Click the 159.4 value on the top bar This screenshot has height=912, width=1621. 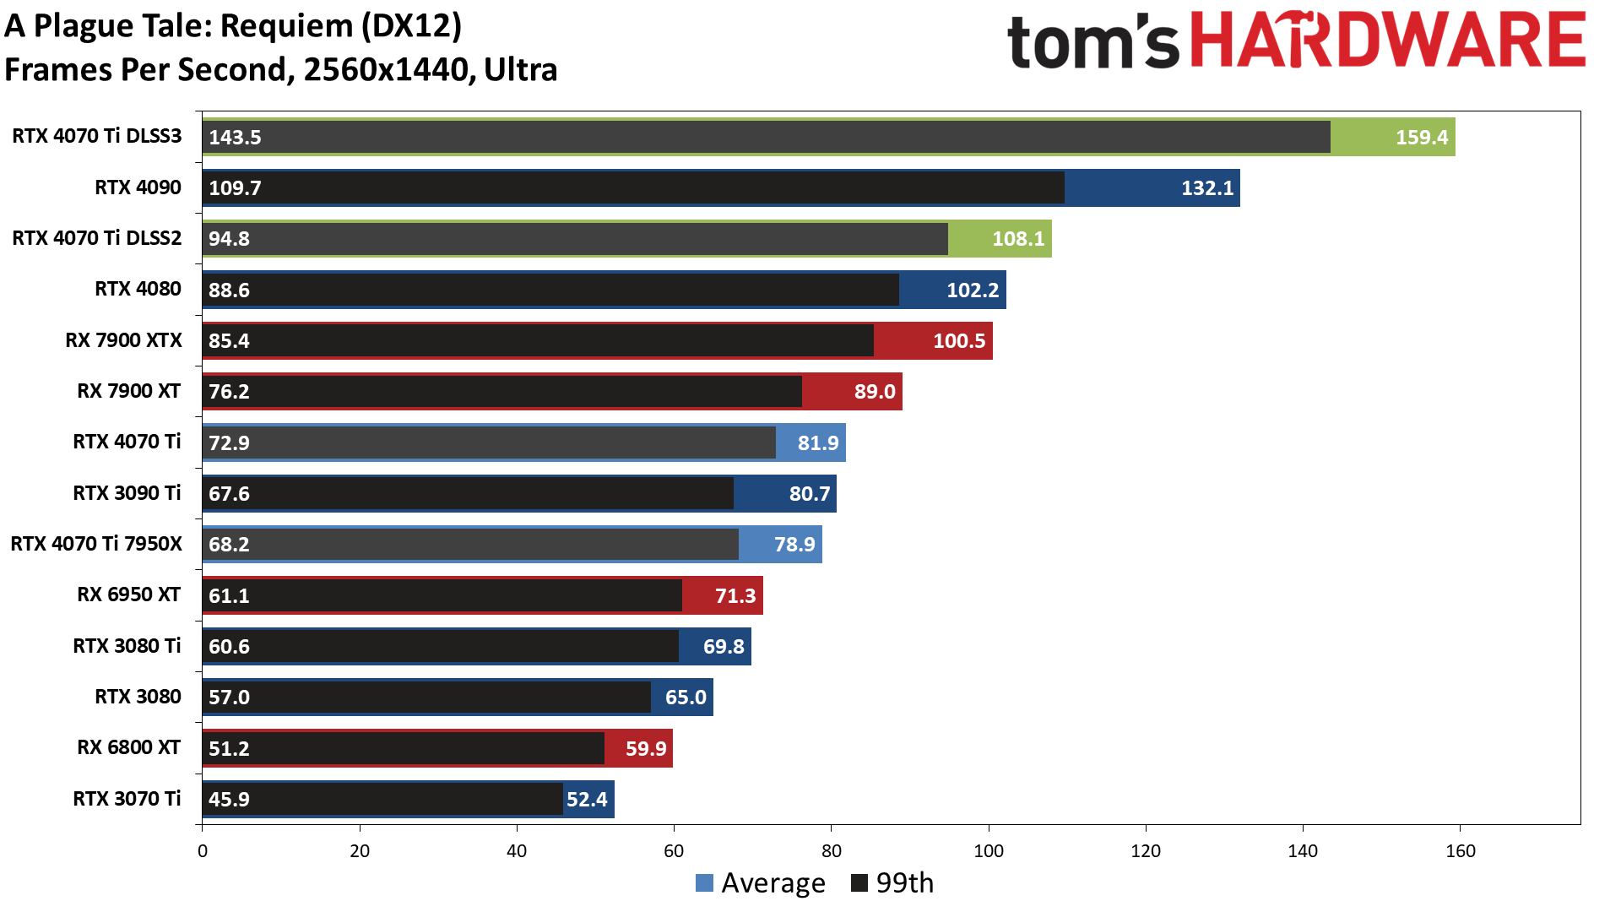coord(1421,137)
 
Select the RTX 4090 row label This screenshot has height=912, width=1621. coord(138,187)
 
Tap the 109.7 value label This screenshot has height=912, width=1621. coord(235,187)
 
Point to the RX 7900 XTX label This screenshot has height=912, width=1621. coord(123,340)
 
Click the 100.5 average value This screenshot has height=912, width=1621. coord(958,341)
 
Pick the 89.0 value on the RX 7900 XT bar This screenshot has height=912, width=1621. coord(874,392)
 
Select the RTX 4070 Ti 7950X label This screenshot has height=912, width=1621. coord(96,544)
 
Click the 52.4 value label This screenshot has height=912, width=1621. coord(587,799)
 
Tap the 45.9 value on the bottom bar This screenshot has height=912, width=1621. coord(229,799)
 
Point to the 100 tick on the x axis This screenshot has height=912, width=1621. coord(989,851)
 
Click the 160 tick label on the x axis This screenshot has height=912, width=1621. coord(1460,851)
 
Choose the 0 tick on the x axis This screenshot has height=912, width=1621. coord(203,851)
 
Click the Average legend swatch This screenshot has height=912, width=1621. coord(704,883)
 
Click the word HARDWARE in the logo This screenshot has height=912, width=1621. coord(1388,41)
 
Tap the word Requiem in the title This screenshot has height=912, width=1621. coord(285,26)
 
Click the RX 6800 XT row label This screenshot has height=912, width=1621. coord(128,747)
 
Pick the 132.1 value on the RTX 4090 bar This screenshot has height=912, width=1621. coord(1206,188)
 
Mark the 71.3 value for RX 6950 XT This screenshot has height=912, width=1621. coord(735,596)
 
